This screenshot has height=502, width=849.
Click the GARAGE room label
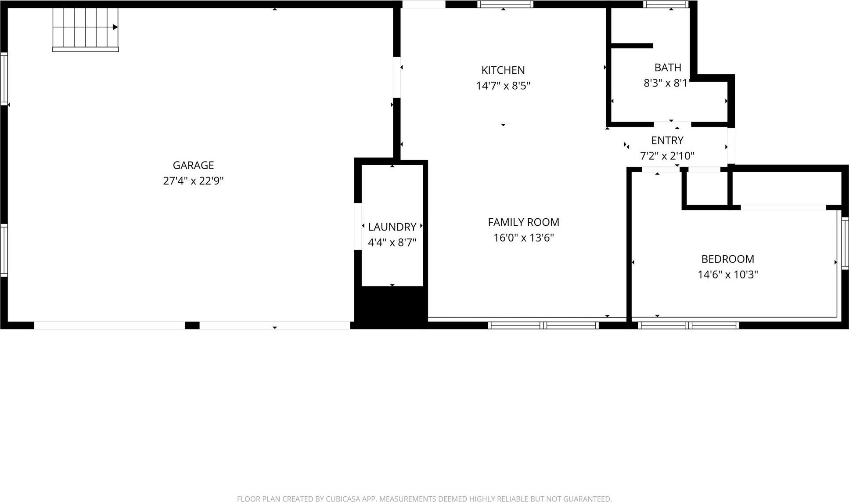(193, 165)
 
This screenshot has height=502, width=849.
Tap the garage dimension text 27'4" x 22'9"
(193, 181)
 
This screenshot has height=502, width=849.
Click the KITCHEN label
(503, 70)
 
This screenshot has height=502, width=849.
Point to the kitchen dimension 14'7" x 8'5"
(503, 86)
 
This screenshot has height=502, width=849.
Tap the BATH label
(668, 68)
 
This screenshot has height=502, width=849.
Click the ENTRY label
(667, 141)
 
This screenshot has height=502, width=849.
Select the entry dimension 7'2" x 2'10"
(667, 156)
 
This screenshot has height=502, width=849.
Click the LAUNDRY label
(392, 227)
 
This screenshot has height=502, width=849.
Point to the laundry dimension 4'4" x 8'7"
(392, 242)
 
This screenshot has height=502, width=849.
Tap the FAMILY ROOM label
(523, 222)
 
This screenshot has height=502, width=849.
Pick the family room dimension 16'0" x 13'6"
(523, 238)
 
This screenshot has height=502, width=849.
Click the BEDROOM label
(727, 259)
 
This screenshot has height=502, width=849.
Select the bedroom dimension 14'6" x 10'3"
(727, 274)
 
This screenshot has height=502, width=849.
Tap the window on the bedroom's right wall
(845, 243)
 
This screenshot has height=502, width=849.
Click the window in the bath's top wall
(666, 4)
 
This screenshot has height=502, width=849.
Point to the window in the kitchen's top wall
(505, 4)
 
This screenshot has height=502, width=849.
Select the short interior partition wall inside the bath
(632, 46)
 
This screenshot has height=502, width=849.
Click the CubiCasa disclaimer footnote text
(424, 498)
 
